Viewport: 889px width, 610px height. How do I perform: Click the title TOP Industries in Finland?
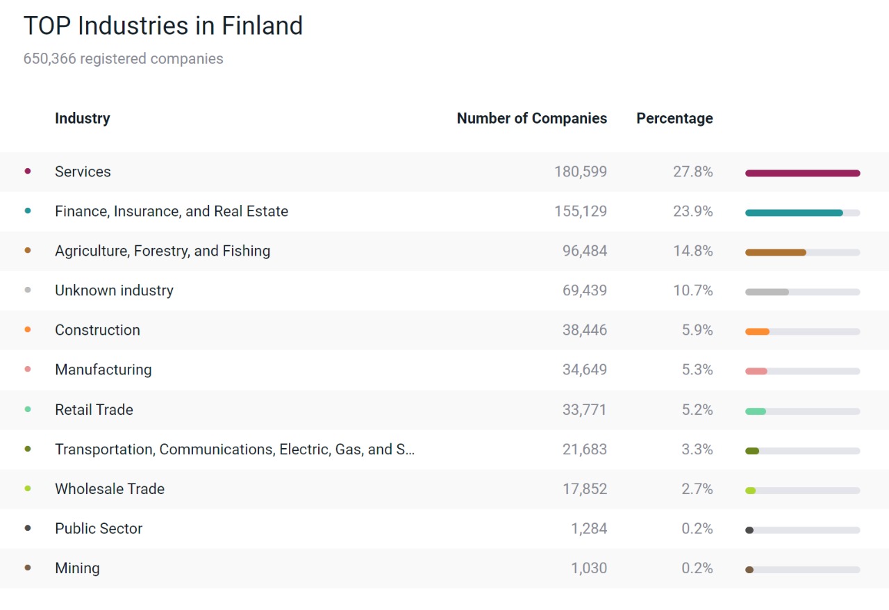pos(163,26)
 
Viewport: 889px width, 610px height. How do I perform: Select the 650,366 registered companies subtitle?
pos(124,59)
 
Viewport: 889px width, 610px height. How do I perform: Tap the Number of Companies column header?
pos(531,119)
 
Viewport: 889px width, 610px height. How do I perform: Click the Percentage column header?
pos(674,119)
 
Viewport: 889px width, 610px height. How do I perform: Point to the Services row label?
pos(83,172)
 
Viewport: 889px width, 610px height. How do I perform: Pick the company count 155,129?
pos(580,211)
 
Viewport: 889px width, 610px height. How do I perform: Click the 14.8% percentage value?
pos(692,251)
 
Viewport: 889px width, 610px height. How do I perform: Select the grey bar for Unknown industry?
pos(767,292)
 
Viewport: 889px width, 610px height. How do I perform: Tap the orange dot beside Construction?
pos(28,330)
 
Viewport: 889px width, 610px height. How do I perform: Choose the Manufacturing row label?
pos(103,370)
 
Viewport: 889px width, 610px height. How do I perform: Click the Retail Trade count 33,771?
pos(584,410)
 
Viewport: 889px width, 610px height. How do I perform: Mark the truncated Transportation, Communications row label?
pos(235,450)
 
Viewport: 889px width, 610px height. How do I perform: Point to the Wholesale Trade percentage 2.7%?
pos(697,489)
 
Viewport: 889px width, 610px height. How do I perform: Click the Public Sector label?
pos(99,529)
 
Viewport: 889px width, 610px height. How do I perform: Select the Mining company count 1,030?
pos(588,568)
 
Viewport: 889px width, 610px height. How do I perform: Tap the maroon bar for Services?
pos(802,173)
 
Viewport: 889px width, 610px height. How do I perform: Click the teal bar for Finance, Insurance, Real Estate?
pos(794,213)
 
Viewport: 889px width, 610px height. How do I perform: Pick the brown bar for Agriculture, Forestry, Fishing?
pos(775,252)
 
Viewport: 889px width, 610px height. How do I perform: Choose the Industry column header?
pos(82,119)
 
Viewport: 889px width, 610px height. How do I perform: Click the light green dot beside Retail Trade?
pos(28,409)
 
